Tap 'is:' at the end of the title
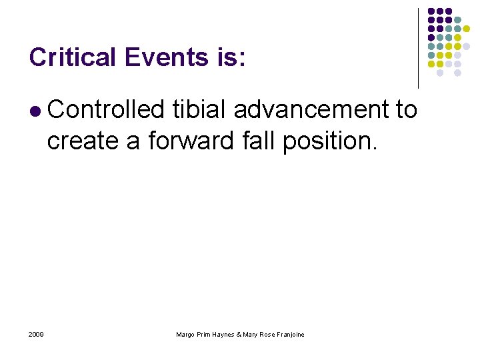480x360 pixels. pos(230,57)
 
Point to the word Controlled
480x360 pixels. pos(106,109)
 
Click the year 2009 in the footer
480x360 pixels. pos(37,334)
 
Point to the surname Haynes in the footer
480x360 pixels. pos(223,334)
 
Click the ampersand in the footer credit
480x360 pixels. pos(240,334)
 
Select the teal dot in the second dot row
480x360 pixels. pos(457,21)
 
